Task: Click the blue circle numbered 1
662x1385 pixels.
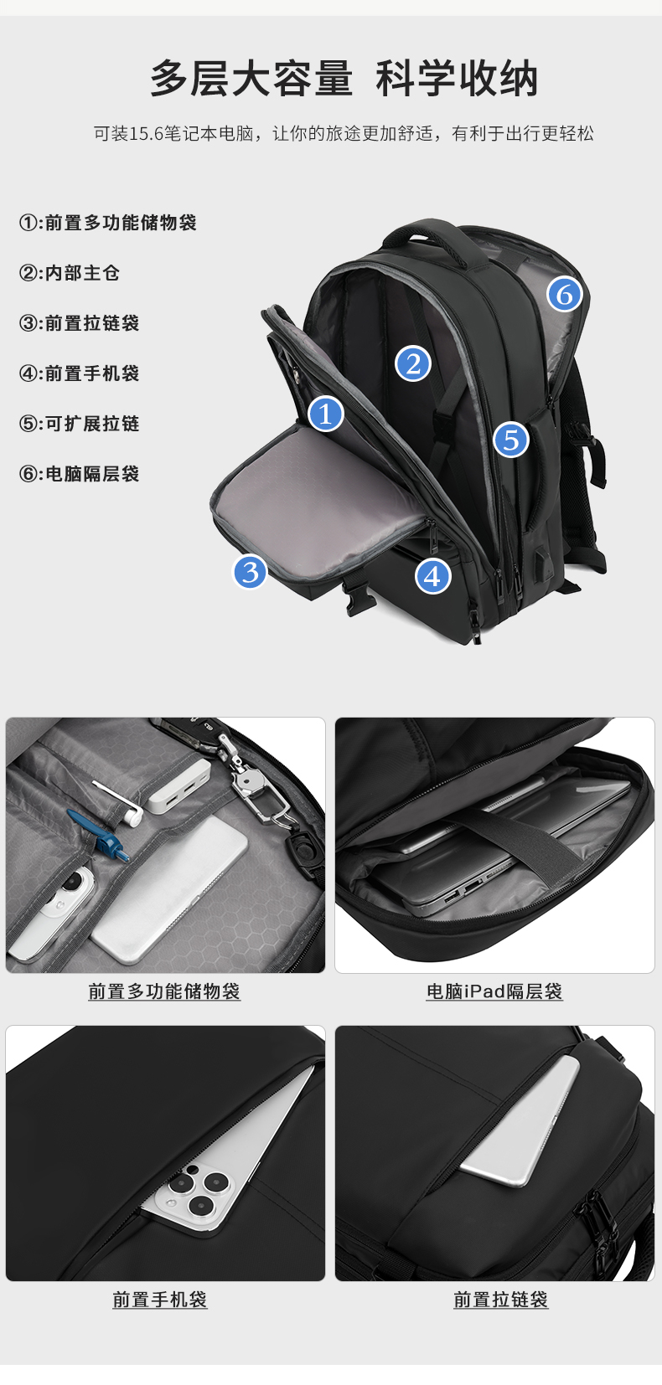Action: pyautogui.click(x=325, y=414)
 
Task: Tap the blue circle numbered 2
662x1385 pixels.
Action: pyautogui.click(x=412, y=363)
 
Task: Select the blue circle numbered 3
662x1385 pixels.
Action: pyautogui.click(x=250, y=572)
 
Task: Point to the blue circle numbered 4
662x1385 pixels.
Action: pyautogui.click(x=432, y=576)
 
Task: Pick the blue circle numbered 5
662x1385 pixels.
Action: pyautogui.click(x=510, y=440)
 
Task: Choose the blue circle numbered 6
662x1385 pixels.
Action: pyautogui.click(x=564, y=294)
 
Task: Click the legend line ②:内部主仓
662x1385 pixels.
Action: pyautogui.click(x=70, y=273)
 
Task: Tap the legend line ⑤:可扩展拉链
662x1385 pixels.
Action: pyautogui.click(x=80, y=424)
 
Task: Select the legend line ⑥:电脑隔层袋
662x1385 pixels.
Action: pyautogui.click(x=80, y=474)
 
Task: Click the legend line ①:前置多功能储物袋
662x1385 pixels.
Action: pyautogui.click(x=108, y=223)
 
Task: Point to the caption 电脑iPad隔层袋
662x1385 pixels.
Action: pyautogui.click(x=494, y=991)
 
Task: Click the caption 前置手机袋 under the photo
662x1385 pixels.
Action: pyautogui.click(x=159, y=1299)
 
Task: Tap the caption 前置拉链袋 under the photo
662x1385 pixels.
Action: pyautogui.click(x=500, y=1299)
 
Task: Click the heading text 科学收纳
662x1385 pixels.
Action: pyautogui.click(x=457, y=79)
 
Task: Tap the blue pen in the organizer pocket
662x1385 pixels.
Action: pyautogui.click(x=99, y=835)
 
